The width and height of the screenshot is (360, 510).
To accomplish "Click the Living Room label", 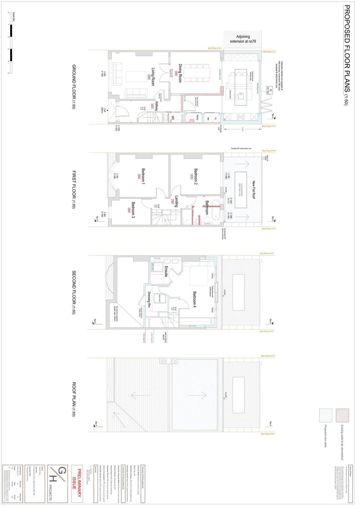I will click(153, 76).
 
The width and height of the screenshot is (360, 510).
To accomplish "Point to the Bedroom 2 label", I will click(196, 177).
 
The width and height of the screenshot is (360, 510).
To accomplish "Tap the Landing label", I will click(176, 201).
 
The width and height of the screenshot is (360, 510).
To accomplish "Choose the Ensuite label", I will click(166, 270).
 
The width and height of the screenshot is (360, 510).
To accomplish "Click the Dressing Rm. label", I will click(149, 300).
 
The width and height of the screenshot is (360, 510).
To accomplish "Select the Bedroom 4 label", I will click(195, 300).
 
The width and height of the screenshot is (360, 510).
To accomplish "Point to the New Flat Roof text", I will click(254, 190).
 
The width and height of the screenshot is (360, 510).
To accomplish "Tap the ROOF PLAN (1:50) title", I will click(74, 399).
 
